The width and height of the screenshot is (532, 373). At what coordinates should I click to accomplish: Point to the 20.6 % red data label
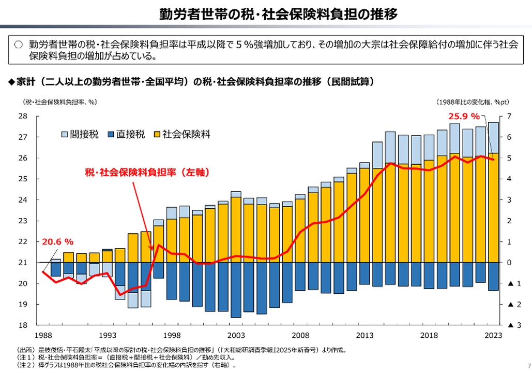(x=57, y=241)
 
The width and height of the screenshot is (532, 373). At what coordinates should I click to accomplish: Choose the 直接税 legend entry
(x=124, y=134)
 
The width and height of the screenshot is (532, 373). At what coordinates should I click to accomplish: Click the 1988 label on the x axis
(x=43, y=335)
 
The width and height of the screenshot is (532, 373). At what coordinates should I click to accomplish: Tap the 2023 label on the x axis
(x=493, y=335)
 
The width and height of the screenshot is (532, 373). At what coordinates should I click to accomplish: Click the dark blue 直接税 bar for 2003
(x=236, y=290)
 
